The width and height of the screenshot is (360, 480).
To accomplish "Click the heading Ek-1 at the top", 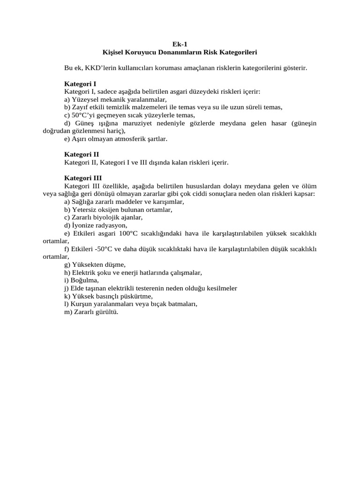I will (180, 44).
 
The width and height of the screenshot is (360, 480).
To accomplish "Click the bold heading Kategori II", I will (81, 154).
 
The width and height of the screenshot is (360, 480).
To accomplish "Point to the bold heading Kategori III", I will (82, 178).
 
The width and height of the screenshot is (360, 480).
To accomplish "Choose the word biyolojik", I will (109, 217).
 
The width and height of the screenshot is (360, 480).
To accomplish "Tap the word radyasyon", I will (111, 225).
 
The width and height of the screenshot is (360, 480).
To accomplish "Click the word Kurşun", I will (82, 304).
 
